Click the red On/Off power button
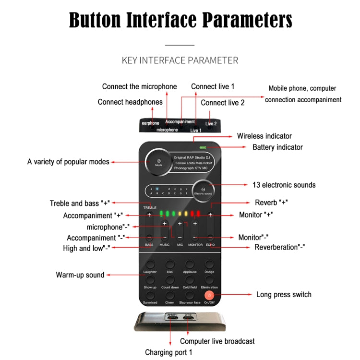tap(209, 295)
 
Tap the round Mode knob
tap(158, 162)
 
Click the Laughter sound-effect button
tap(150, 264)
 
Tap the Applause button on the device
tap(190, 264)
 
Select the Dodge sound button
tap(209, 264)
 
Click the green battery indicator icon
tap(203, 147)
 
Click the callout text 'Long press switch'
tap(284, 294)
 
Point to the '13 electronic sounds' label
tap(284, 185)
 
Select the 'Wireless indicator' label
tap(264, 136)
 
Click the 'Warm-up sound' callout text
tap(80, 275)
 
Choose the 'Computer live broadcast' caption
tap(217, 341)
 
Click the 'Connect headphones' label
tap(130, 102)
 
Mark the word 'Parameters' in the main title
tap(247, 21)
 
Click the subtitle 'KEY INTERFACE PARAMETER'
tap(180, 60)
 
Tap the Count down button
tap(170, 279)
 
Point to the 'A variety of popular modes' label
tap(68, 162)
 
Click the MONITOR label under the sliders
tap(195, 245)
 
